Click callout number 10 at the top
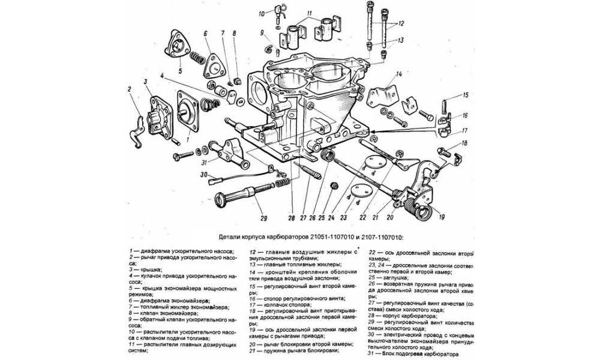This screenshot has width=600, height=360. [x=262, y=13]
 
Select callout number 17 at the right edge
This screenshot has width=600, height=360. [x=464, y=131]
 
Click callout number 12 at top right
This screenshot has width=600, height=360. [x=401, y=23]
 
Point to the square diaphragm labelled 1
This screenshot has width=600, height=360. [x=191, y=112]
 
